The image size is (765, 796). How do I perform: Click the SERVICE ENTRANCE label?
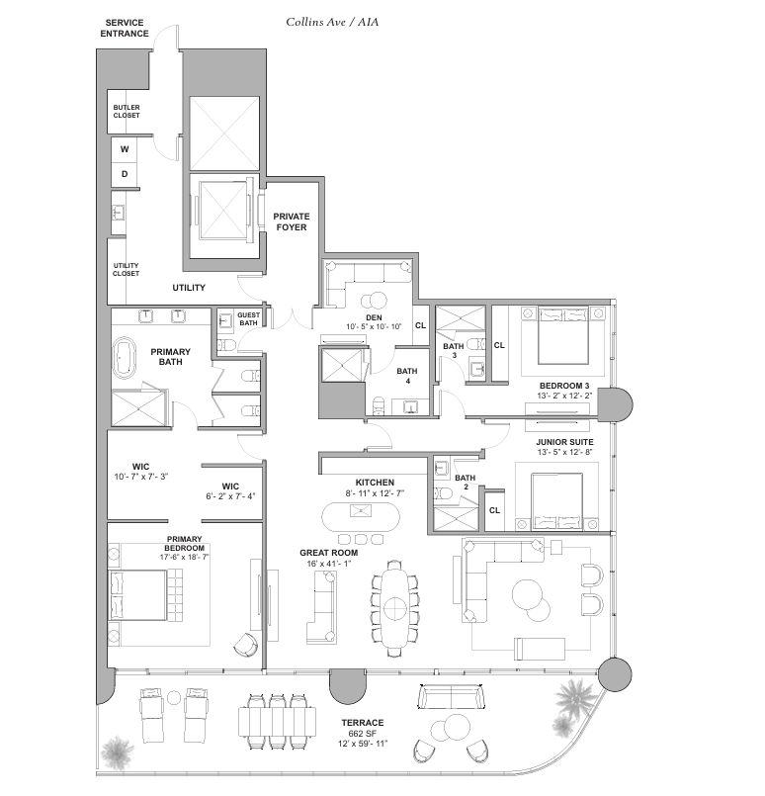(125, 28)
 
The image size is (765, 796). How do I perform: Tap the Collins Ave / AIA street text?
(332, 22)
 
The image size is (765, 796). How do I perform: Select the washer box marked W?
(125, 149)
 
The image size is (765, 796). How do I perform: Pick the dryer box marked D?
(125, 174)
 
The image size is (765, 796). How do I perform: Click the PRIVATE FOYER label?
(292, 221)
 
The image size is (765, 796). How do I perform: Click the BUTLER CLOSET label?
(127, 111)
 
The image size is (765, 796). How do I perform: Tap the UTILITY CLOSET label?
(126, 269)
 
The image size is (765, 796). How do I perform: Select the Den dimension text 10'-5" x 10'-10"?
(374, 326)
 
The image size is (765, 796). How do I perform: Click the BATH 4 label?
(407, 376)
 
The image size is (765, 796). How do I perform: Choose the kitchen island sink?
(361, 510)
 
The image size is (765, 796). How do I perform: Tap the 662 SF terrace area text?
(362, 733)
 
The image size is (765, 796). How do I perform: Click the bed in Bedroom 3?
(563, 334)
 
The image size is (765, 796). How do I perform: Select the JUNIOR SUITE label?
(564, 442)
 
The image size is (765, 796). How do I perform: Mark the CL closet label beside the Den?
(420, 325)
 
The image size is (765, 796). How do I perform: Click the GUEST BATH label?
(248, 318)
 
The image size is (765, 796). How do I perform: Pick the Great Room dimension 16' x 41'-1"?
(329, 564)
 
